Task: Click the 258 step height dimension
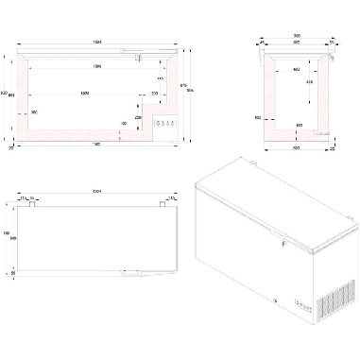[139, 117]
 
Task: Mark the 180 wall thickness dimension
[34, 112]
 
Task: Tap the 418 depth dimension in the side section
[311, 81]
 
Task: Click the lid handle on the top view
[127, 274]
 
